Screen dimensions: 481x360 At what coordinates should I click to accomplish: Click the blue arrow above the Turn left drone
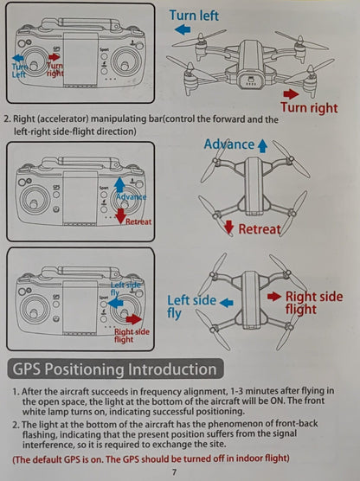click(x=183, y=29)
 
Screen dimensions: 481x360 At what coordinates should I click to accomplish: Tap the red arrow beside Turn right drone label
click(x=292, y=93)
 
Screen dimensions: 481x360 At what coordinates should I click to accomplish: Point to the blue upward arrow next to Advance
click(x=261, y=144)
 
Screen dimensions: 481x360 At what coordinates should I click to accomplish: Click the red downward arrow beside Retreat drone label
click(x=229, y=227)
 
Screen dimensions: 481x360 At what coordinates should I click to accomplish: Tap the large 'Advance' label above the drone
click(x=228, y=144)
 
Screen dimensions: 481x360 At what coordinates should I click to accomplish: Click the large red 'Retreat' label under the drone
click(x=260, y=228)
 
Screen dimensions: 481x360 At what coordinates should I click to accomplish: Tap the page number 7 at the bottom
click(x=173, y=471)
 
